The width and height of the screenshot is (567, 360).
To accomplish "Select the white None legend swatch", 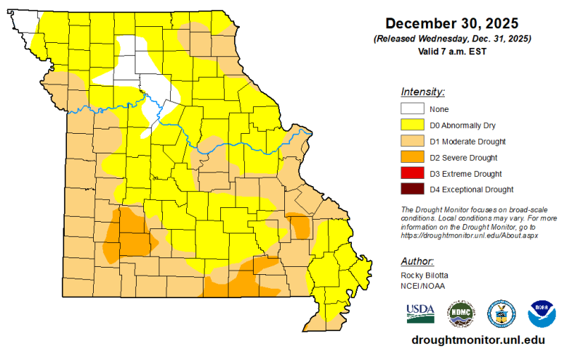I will coord(411,109).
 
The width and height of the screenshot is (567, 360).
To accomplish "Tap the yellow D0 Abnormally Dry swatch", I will coord(411,125).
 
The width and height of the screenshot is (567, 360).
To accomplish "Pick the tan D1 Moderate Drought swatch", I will coord(411,141).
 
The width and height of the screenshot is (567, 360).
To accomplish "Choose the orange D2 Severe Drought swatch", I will coord(411,157).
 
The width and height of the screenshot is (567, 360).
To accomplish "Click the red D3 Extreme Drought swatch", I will coord(411,174).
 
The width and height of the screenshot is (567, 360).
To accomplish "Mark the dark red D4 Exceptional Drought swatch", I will coord(411,190).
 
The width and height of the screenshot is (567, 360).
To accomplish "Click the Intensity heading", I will coord(422,92).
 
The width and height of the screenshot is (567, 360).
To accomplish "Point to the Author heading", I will coord(417,260).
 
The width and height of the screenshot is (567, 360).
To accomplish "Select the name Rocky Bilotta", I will coord(424,276).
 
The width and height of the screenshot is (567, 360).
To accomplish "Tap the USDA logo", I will coord(420,313).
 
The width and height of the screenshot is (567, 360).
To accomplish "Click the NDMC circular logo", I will coord(460,313).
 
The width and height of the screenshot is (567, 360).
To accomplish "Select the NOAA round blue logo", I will coord(541,313).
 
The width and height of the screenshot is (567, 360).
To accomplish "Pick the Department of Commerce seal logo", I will coord(501,313).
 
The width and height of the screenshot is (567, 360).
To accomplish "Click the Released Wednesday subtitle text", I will coord(451,38).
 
